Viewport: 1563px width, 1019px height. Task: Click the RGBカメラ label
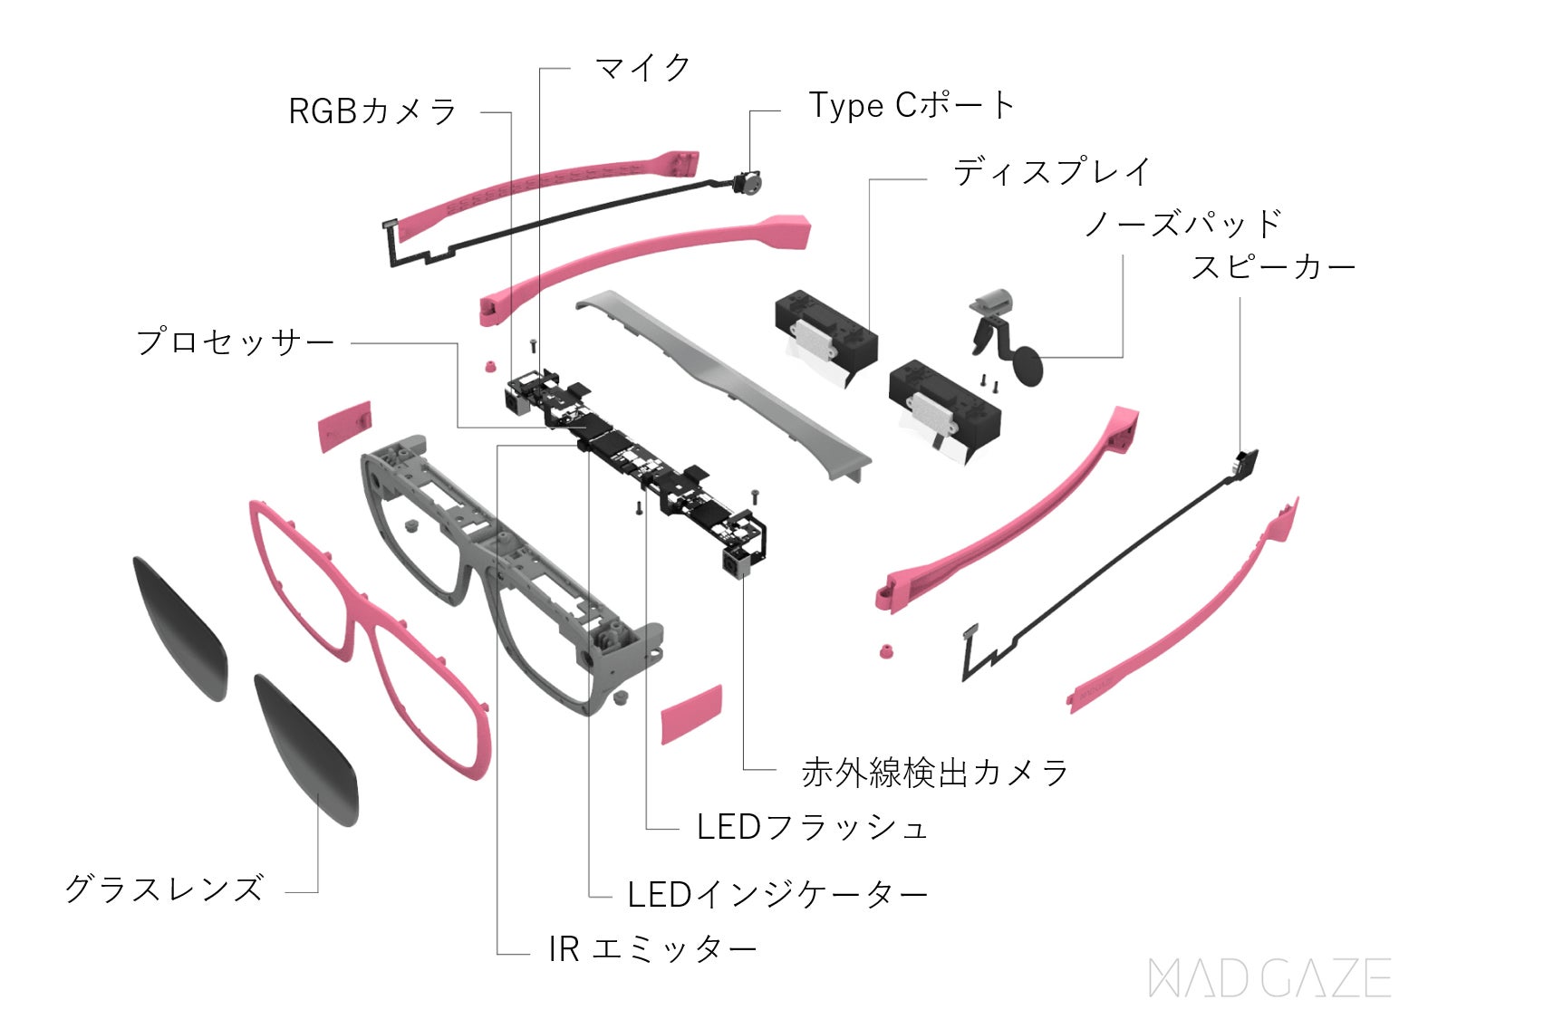click(372, 111)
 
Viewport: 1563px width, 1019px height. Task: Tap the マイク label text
click(642, 68)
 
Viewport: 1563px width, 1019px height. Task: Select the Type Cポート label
click(911, 106)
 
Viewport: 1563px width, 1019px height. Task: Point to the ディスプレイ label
click(1051, 172)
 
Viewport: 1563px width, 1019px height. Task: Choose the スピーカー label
click(1273, 267)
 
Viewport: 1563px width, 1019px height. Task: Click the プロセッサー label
click(235, 342)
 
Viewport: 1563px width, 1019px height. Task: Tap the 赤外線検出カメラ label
click(934, 773)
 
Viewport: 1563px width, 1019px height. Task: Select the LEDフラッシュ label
click(812, 827)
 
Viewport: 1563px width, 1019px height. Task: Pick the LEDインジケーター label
click(777, 895)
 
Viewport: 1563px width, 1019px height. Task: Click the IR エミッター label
click(652, 949)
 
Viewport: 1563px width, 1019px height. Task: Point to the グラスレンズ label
click(164, 889)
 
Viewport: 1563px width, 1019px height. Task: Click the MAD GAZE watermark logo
click(1269, 978)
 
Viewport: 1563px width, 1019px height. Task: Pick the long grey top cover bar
click(725, 380)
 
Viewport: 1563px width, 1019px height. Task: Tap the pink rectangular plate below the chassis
click(691, 714)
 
